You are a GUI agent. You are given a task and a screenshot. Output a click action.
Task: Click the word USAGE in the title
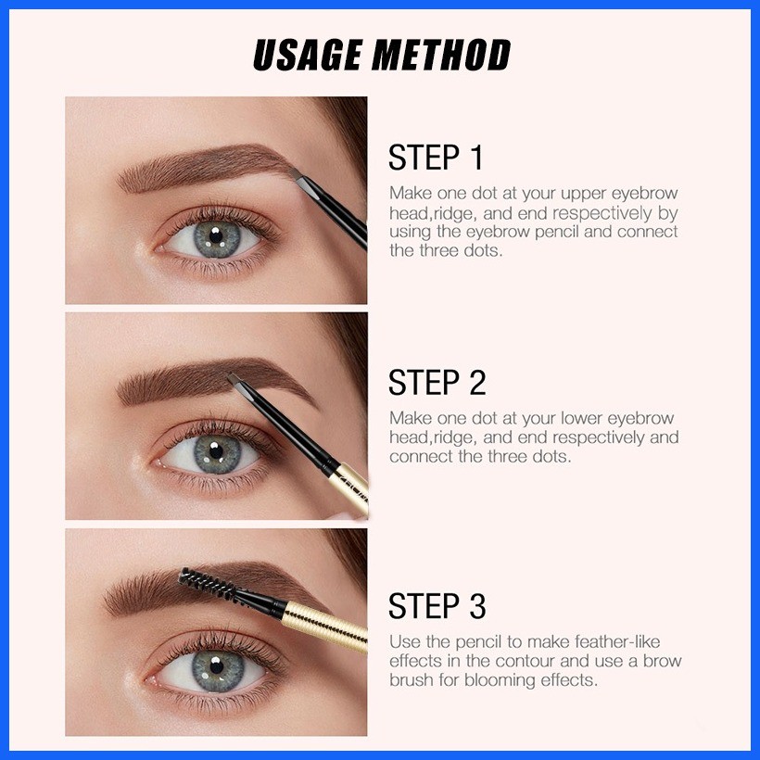308,55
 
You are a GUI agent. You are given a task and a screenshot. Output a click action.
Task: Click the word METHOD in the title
441,55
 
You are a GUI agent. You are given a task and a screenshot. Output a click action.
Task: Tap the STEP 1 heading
436,157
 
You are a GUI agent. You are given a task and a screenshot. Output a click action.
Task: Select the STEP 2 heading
437,382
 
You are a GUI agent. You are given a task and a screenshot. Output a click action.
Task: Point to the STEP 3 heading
437,605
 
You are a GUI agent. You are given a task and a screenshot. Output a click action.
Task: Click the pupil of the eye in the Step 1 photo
216,236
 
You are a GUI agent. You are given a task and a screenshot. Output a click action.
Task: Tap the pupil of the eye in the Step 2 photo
216,451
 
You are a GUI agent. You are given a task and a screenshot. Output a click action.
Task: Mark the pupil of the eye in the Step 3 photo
217,666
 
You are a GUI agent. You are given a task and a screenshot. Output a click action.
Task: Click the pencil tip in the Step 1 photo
297,174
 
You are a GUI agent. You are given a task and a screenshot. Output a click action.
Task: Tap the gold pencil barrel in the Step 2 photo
350,488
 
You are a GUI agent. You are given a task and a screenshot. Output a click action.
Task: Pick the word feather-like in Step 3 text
617,641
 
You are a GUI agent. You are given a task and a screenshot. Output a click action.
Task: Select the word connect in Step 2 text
421,457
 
